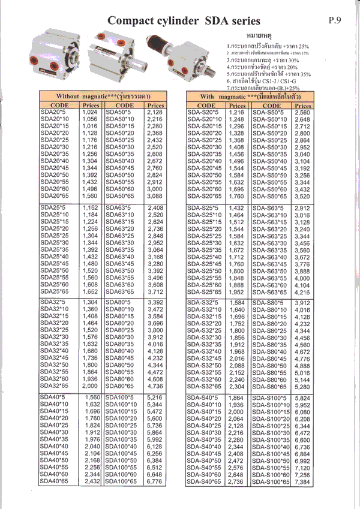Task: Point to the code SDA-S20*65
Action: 205,195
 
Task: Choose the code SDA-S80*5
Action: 268,303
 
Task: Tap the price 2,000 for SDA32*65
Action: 89,387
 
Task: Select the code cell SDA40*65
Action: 53,481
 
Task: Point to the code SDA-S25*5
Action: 203,207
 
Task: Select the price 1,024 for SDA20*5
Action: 89,112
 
